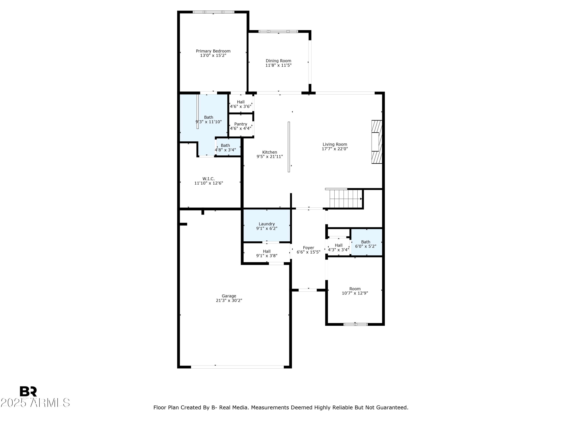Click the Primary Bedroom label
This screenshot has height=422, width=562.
point(213,51)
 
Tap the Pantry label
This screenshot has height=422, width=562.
point(240,124)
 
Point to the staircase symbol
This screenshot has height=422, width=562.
point(345,199)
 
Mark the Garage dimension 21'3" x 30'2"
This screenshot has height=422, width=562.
point(229,300)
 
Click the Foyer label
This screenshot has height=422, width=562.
point(308,248)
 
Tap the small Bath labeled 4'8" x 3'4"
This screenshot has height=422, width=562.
point(225,148)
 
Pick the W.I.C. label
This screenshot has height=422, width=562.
point(208,179)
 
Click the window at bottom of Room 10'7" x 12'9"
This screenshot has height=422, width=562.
point(355,324)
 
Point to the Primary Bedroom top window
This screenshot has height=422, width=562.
point(213,12)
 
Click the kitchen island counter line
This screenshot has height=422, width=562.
point(289,147)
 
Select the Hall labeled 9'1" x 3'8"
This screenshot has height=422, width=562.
point(267,254)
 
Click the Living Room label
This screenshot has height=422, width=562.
point(335,144)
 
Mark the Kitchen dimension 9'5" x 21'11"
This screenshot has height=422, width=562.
point(269,157)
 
